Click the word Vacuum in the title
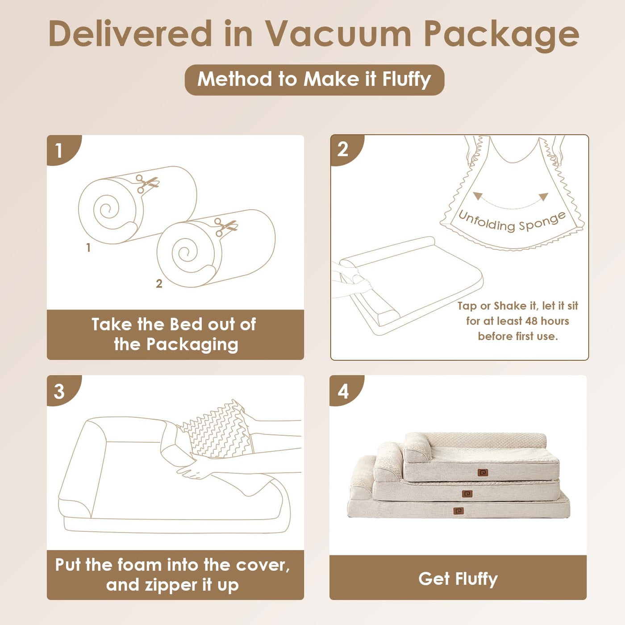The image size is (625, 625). click(x=338, y=33)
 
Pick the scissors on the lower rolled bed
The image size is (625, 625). click(x=226, y=227)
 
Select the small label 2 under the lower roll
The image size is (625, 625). click(x=159, y=284)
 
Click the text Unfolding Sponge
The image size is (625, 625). click(x=512, y=221)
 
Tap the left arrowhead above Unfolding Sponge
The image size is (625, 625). click(x=477, y=196)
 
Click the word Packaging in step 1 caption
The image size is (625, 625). click(x=192, y=345)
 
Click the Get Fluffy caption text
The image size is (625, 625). click(x=458, y=579)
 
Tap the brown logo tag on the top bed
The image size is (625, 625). click(x=483, y=473)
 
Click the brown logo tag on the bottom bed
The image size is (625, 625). click(x=458, y=511)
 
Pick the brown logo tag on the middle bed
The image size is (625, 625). click(x=467, y=494)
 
